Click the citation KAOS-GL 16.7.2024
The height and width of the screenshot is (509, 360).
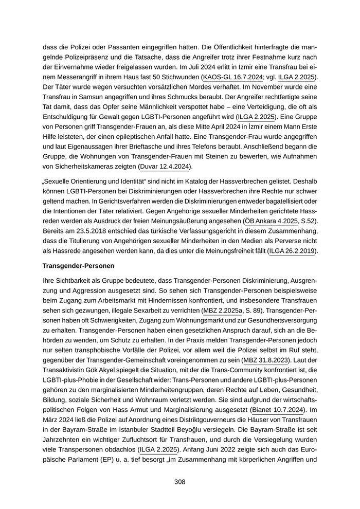click(x=232, y=77)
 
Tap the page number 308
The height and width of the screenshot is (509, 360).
click(x=179, y=482)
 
